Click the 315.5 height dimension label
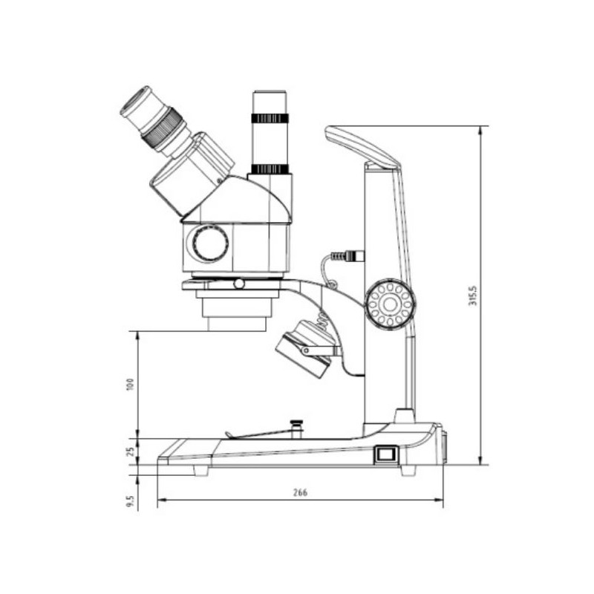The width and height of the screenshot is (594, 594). click(474, 296)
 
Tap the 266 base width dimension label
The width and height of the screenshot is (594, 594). click(301, 492)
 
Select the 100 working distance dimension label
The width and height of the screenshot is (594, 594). click(131, 385)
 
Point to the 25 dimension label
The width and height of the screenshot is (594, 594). click(131, 451)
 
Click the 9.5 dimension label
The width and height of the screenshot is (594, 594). click(131, 500)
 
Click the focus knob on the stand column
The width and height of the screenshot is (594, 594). click(390, 304)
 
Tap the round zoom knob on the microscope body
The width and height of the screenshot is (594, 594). click(210, 243)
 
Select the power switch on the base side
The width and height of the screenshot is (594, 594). click(385, 454)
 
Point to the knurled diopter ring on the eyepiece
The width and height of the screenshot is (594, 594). click(162, 129)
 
